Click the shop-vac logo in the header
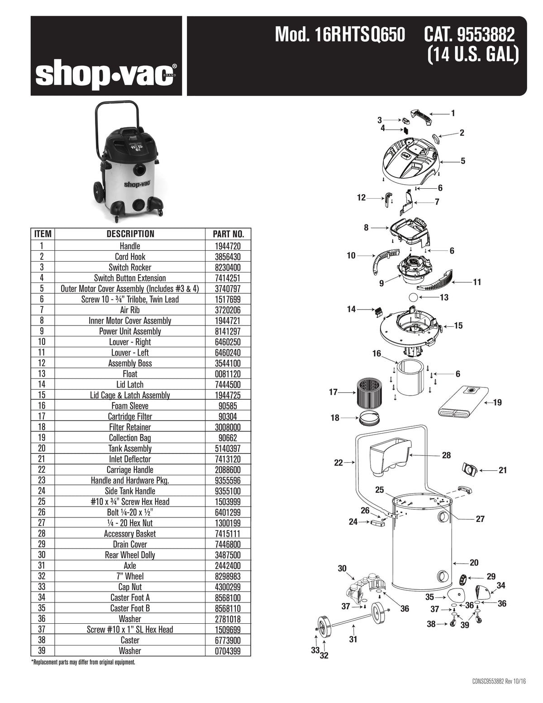106,74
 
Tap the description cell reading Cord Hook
130,257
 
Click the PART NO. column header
228,234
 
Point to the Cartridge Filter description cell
130,416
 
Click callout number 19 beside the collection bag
497,402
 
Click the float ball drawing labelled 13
413,297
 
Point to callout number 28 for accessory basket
446,455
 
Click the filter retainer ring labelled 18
370,420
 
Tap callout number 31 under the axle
353,639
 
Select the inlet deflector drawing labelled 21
468,469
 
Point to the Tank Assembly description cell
130,449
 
